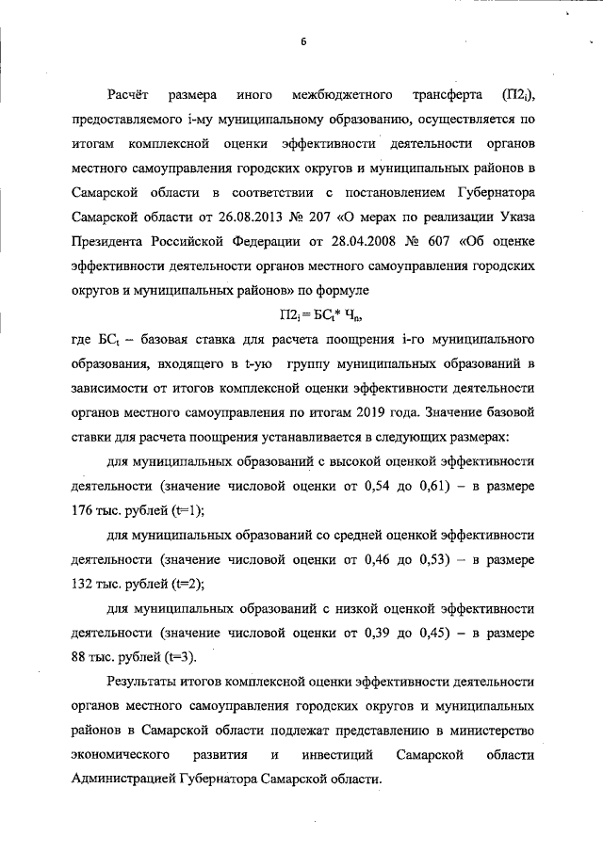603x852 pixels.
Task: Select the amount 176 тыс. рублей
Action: point(121,510)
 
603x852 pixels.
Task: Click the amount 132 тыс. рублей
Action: point(121,584)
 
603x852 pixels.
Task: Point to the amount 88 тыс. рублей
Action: point(117,657)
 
